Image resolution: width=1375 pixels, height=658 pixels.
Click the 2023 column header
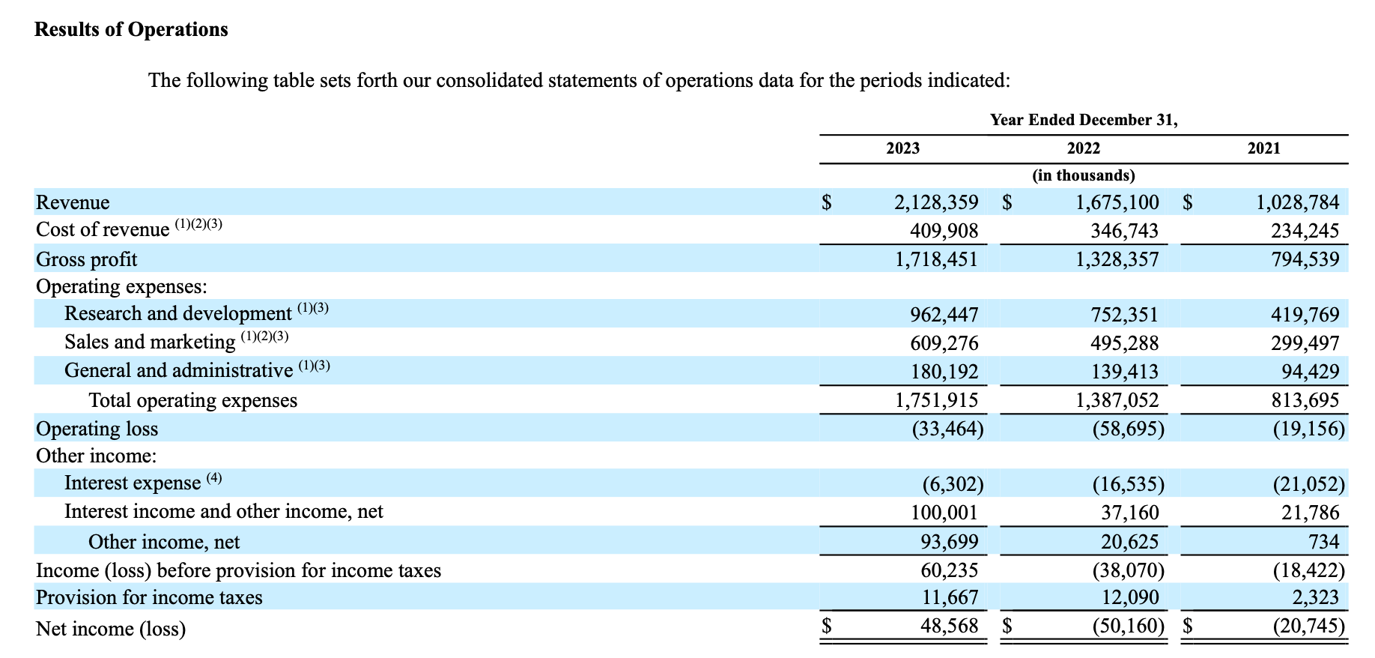[902, 148]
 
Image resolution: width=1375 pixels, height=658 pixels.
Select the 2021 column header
[1263, 148]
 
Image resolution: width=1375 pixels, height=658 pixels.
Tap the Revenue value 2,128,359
[936, 202]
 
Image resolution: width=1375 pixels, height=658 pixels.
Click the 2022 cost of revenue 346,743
[1124, 231]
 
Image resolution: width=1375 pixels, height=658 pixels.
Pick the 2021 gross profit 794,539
[1305, 259]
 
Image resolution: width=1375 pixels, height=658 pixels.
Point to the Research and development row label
[178, 313]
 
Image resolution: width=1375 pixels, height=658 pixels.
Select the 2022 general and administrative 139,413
[1124, 372]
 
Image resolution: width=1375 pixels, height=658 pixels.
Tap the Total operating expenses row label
[193, 400]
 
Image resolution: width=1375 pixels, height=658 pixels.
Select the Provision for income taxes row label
[149, 597]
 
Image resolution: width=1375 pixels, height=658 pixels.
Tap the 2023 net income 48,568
[949, 626]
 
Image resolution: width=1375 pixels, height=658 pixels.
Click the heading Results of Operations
[131, 29]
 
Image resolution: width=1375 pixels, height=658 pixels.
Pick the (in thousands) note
[1083, 175]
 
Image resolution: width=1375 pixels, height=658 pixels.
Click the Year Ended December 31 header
[1084, 120]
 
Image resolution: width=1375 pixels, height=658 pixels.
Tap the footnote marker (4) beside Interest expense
[214, 478]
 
